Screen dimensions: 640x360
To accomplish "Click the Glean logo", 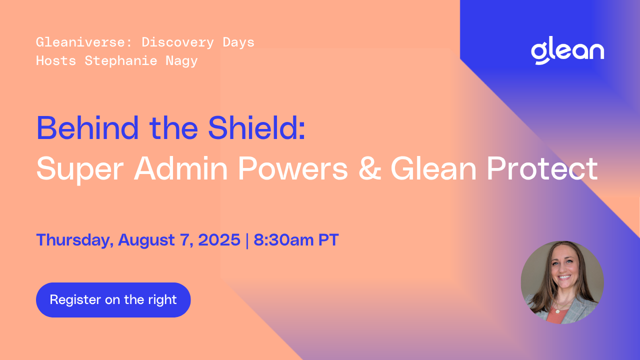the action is click(x=567, y=51).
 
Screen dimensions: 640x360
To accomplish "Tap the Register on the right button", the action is click(x=113, y=299).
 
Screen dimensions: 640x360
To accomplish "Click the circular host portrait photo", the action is click(x=562, y=282).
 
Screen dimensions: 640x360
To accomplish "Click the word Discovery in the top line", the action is click(x=177, y=43).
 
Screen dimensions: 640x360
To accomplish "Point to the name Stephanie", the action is click(x=121, y=61).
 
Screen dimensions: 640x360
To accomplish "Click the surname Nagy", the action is click(x=181, y=61).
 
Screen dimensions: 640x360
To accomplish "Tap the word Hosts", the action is click(x=56, y=61).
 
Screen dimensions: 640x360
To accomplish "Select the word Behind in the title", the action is click(x=87, y=127).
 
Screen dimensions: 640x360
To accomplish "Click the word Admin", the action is click(x=181, y=168).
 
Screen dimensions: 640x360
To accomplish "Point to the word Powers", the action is click(x=293, y=168).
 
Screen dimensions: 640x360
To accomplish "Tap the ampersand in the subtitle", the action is click(x=369, y=168).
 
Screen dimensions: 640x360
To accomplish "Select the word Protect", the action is click(x=542, y=168).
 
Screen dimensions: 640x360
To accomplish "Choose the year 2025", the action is click(x=219, y=239).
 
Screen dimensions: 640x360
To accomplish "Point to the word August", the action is click(x=146, y=240).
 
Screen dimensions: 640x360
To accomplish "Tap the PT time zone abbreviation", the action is click(x=328, y=239).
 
